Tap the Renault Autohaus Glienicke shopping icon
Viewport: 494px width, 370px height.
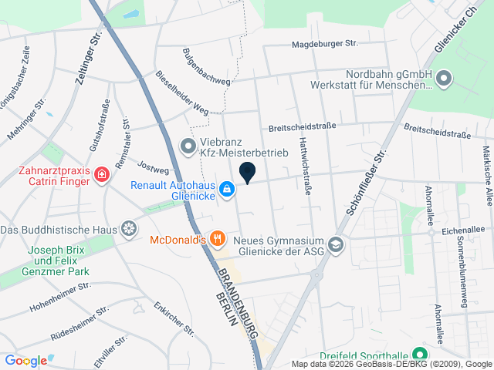[x=227, y=189]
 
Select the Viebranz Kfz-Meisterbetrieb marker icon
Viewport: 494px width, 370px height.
[x=188, y=145]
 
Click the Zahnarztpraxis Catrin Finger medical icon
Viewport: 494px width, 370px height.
[x=101, y=177]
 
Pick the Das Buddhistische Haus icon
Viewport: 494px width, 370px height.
[x=130, y=230]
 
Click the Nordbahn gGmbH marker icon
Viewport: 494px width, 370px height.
[x=444, y=78]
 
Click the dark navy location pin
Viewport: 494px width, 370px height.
[x=248, y=173]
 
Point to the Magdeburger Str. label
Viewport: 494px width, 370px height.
[x=325, y=45]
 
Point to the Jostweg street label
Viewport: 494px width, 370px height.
[x=153, y=165]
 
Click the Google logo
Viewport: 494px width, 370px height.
[x=26, y=360]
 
